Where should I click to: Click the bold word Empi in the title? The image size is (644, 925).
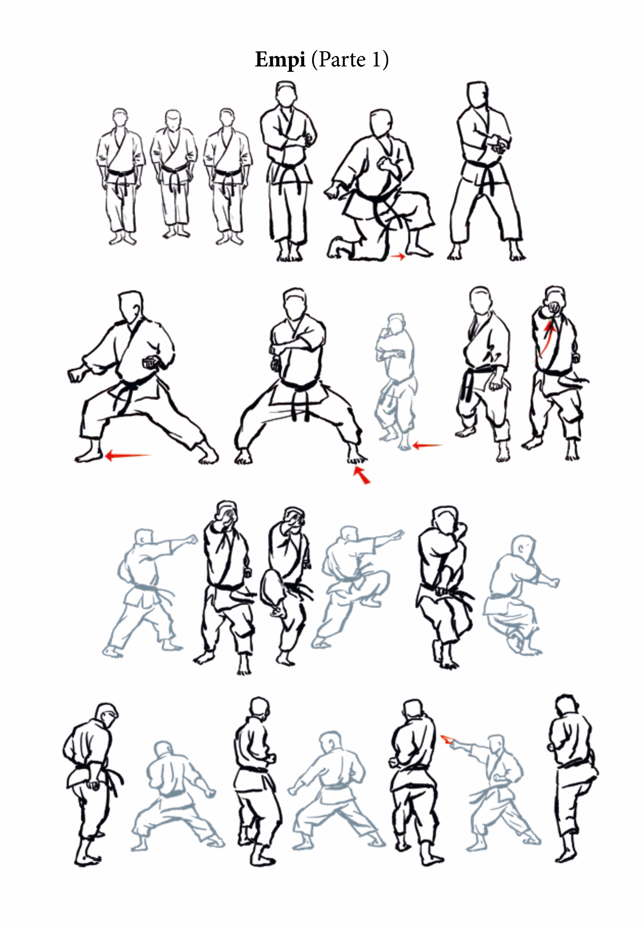[280, 60]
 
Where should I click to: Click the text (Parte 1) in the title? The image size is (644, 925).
[350, 60]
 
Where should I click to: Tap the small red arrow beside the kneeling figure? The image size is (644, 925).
[398, 256]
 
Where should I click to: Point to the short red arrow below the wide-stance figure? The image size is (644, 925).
[362, 475]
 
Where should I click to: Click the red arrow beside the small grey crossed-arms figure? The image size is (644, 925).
[427, 445]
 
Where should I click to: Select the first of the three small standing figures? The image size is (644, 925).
[120, 177]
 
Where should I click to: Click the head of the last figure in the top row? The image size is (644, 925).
[478, 95]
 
